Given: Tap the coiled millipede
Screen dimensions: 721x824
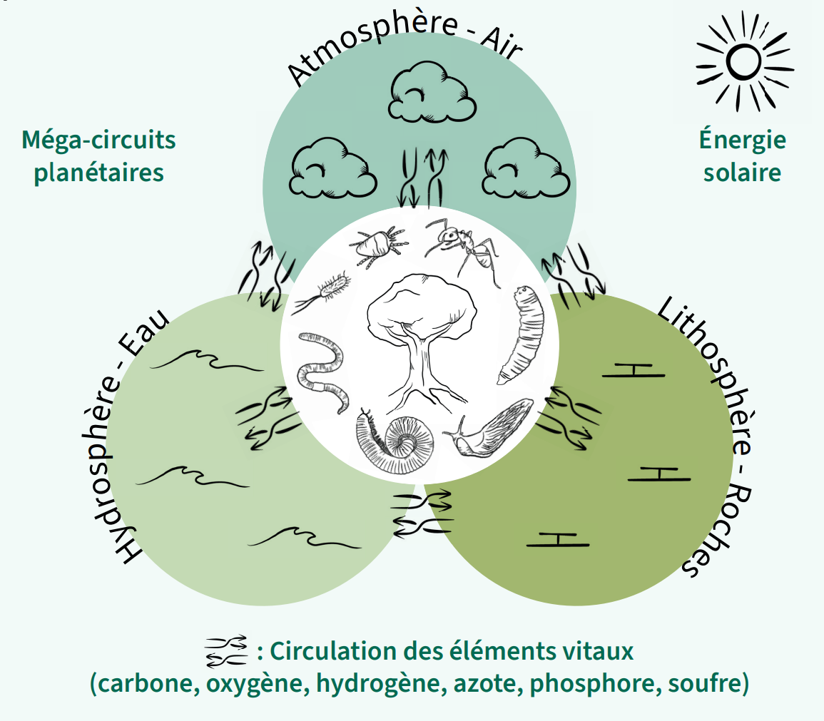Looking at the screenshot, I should [x=396, y=439].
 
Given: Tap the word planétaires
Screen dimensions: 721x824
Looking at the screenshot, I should [x=98, y=173].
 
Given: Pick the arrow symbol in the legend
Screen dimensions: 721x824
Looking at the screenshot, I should [x=226, y=650].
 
